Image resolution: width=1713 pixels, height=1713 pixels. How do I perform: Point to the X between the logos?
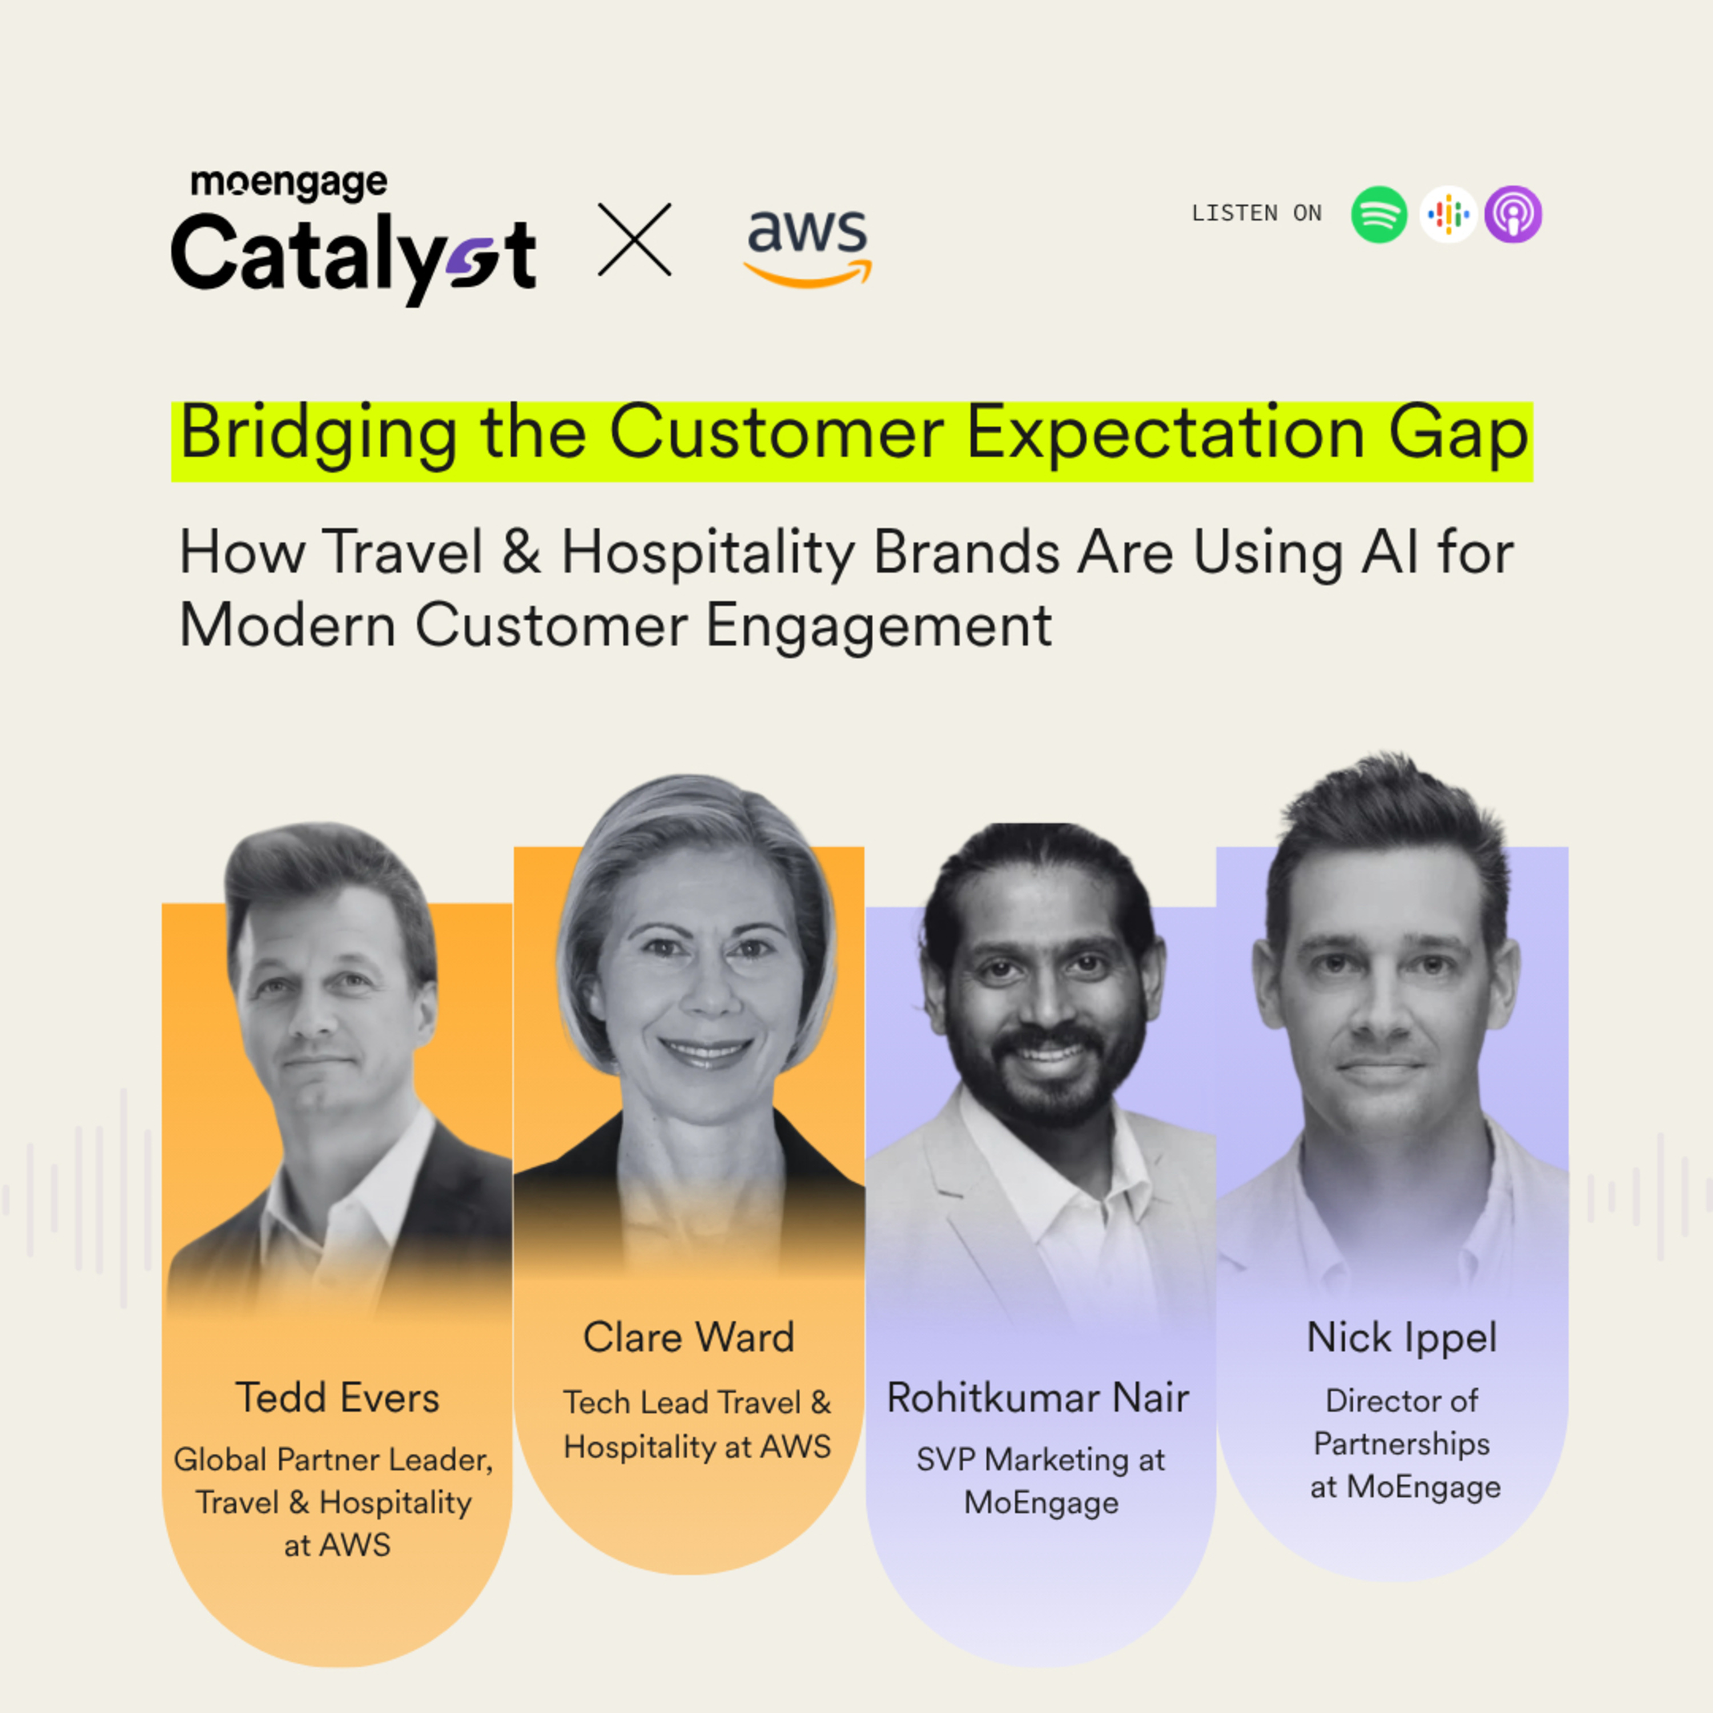(x=635, y=239)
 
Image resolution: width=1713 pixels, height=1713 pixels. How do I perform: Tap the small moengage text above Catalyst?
(x=289, y=183)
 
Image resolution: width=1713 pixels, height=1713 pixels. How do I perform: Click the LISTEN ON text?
(x=1256, y=214)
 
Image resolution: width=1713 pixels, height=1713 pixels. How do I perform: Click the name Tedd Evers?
(x=338, y=1398)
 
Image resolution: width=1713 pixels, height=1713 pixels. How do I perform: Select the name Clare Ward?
(x=689, y=1338)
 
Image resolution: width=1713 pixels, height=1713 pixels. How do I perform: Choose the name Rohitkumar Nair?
(x=1038, y=1398)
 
